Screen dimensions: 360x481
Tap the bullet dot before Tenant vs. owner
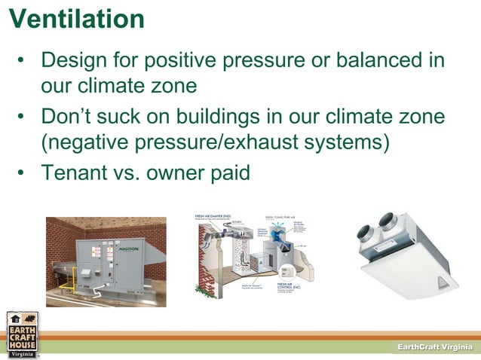click(23, 174)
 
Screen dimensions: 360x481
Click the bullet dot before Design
click(23, 60)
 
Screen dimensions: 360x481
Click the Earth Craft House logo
click(21, 332)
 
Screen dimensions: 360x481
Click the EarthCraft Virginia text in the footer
click(435, 345)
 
